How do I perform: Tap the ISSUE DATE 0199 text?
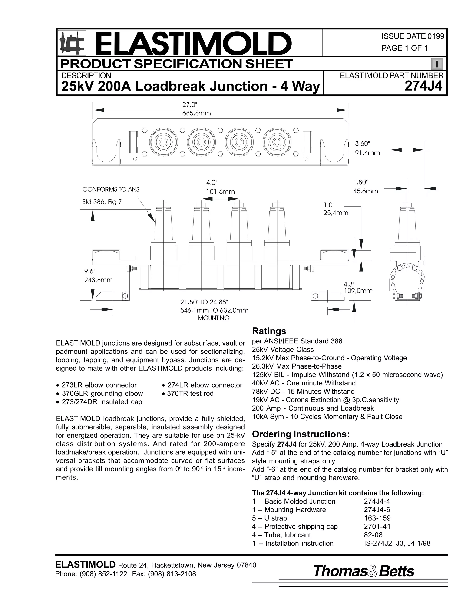[x=413, y=36]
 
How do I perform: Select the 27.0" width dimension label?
[x=189, y=105]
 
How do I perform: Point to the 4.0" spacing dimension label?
[x=212, y=182]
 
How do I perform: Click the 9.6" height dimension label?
[x=90, y=272]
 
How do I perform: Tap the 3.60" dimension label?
[x=362, y=144]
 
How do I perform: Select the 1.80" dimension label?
[x=361, y=182]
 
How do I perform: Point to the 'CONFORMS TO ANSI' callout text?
[x=111, y=190]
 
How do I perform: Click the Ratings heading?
[x=269, y=331]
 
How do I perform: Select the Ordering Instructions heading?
[x=301, y=434]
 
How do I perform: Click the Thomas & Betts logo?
[x=364, y=571]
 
